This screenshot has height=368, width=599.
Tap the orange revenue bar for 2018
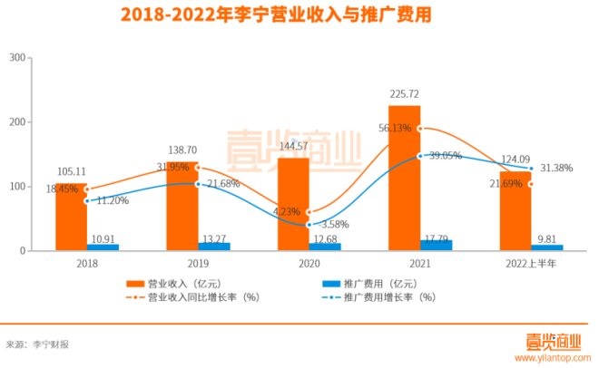71,217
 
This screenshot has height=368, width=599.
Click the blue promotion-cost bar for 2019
214,246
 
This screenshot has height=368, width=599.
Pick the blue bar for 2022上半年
546,247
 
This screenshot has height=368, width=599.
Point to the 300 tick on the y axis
15,57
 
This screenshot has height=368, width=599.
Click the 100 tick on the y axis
15,186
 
